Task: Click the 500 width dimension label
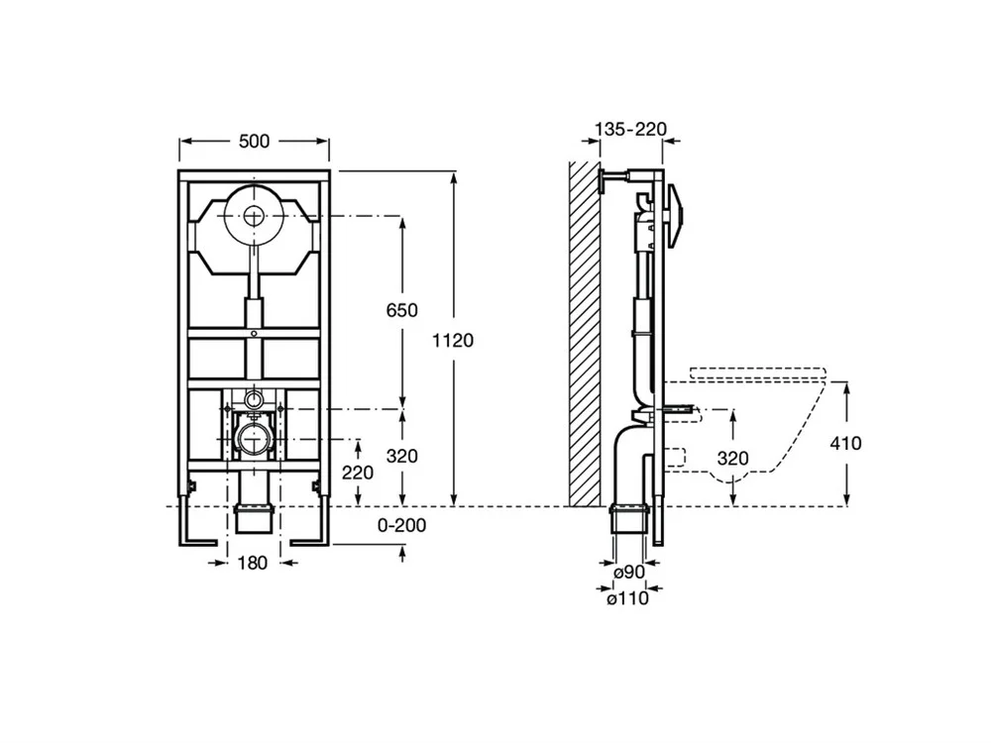pos(254,142)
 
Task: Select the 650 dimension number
pos(403,310)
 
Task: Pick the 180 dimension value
pos(253,564)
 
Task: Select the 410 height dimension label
pos(847,443)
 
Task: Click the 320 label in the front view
pos(403,457)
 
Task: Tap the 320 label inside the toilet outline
pos(731,459)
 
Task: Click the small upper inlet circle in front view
pos(255,400)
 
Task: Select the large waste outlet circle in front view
pos(255,438)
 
